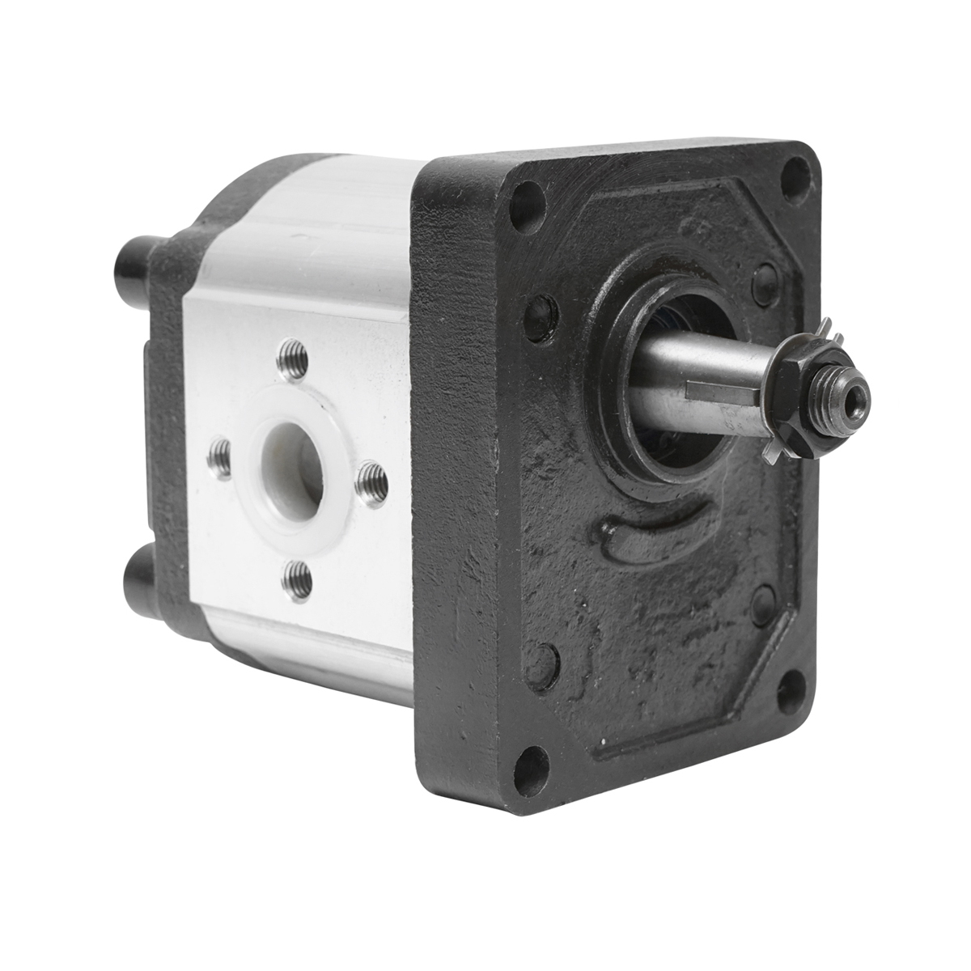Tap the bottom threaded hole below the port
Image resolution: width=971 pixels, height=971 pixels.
(298, 579)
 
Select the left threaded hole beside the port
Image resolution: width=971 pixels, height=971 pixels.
(218, 459)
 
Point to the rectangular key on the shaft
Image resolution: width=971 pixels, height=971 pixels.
(719, 390)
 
